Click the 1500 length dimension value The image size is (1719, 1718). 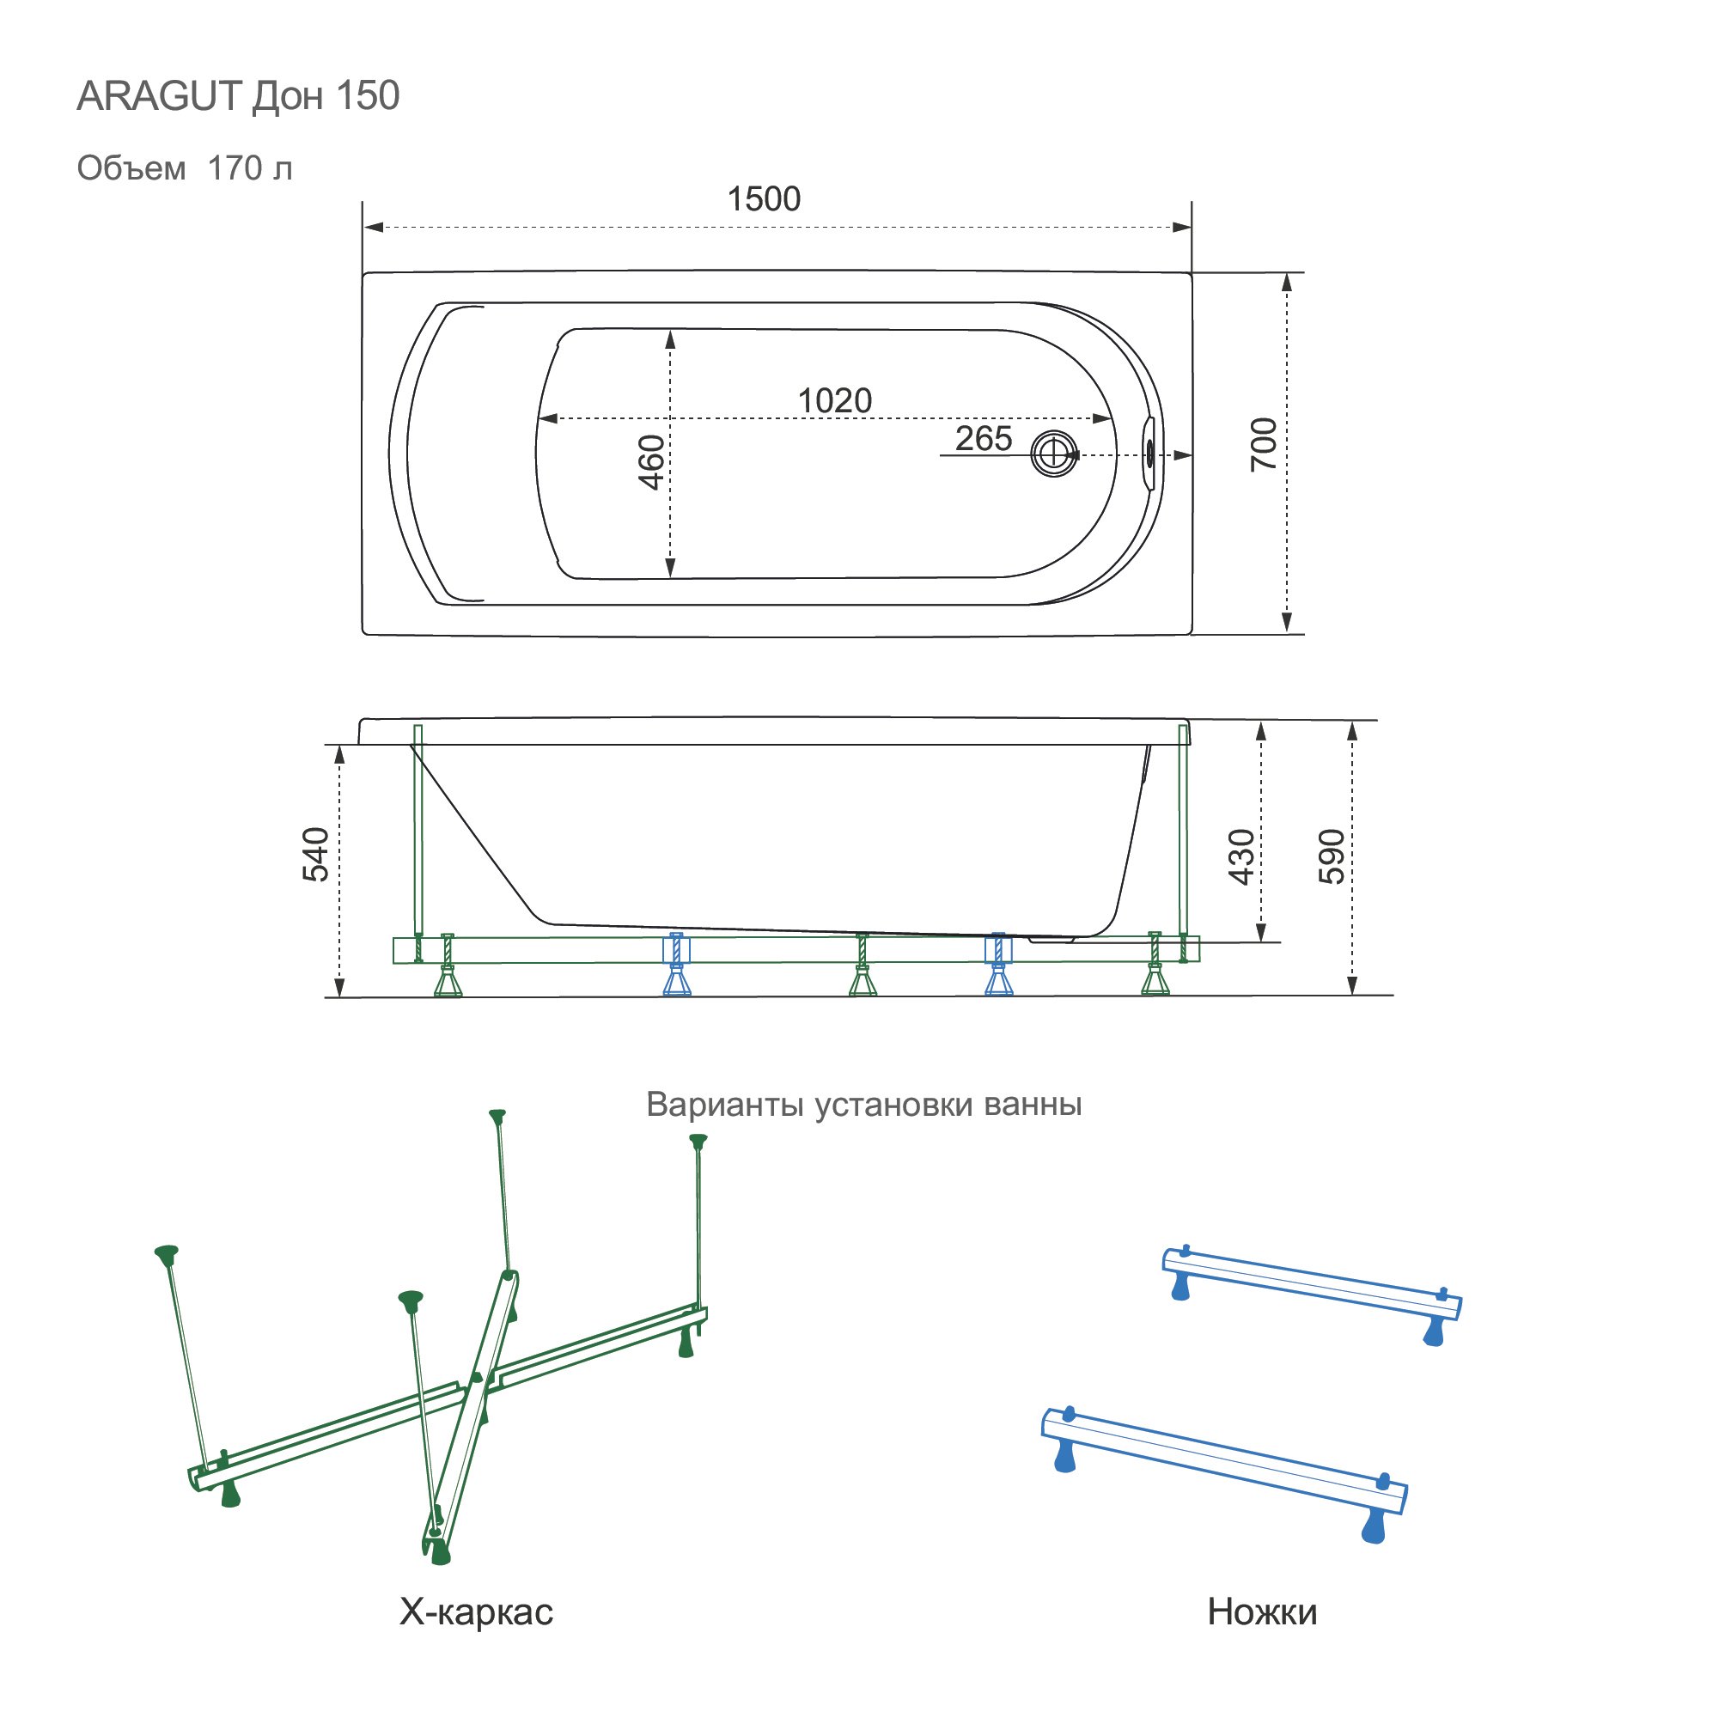click(764, 198)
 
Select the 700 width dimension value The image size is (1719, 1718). click(1264, 444)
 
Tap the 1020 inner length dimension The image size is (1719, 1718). click(835, 400)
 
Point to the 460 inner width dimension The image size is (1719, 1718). click(651, 463)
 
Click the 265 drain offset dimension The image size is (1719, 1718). click(983, 438)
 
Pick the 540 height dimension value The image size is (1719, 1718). click(316, 854)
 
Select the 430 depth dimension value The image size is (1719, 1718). click(1241, 856)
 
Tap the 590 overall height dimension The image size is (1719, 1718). click(1332, 856)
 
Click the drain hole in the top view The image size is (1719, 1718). click(1054, 454)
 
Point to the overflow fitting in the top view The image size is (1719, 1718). click(1149, 454)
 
